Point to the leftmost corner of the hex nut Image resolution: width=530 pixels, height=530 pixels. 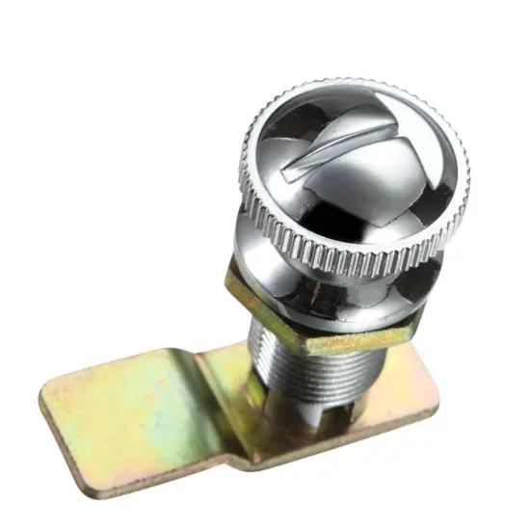click(x=228, y=279)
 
